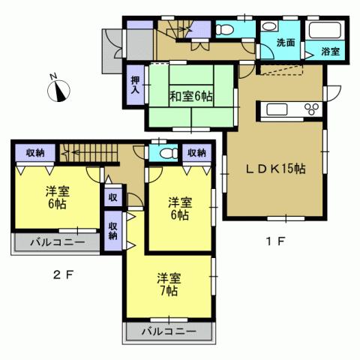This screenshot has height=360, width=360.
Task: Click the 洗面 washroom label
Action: point(285,43)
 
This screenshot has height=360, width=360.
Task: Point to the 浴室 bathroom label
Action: point(331,51)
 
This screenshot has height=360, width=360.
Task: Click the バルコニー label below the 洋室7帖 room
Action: point(169,331)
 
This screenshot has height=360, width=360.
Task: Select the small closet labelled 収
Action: point(112,197)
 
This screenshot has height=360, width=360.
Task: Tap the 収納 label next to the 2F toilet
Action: point(197,152)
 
